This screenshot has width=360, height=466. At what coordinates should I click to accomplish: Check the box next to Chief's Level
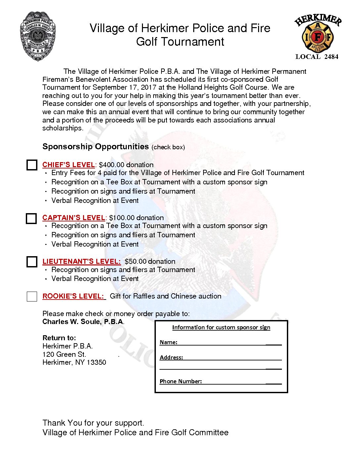(32, 165)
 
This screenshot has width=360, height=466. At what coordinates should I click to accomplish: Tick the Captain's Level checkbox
(31, 218)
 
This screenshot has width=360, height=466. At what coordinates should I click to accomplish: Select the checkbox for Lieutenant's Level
(32, 262)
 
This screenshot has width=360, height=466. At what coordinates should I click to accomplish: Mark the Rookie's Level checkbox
(32, 296)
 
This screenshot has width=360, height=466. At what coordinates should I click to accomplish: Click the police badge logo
(38, 36)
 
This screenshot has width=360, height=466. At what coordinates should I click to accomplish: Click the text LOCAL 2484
(317, 57)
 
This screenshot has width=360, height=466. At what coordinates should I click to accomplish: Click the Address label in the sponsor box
(171, 357)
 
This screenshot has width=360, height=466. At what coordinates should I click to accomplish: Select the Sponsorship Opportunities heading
(96, 147)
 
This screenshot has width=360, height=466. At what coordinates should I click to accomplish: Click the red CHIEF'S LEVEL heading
(68, 165)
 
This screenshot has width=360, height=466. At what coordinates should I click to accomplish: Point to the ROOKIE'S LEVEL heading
(73, 296)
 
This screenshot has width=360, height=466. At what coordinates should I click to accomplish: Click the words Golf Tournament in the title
(180, 42)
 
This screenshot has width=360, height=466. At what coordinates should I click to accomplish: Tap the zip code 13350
(96, 362)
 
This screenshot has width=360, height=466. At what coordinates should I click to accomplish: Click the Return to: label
(59, 338)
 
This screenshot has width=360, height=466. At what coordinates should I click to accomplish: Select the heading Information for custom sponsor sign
(221, 327)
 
